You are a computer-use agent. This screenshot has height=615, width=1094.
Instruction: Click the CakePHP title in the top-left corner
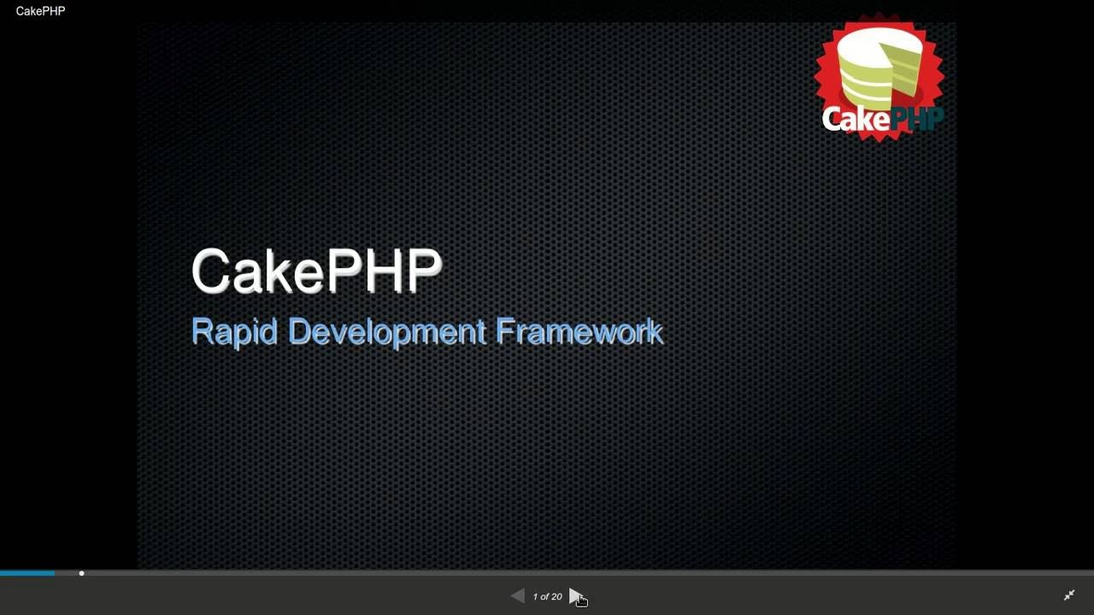pos(40,11)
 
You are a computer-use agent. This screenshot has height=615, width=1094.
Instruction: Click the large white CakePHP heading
pos(316,272)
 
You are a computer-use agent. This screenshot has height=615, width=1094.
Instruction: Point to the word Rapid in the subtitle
pos(234,331)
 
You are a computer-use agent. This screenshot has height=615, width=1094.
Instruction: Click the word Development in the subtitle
pos(387,331)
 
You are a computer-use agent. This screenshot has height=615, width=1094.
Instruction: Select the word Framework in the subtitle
pos(579,331)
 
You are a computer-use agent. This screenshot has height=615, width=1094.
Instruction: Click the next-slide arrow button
pos(575,596)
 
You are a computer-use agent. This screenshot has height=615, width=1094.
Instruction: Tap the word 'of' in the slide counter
pos(547,597)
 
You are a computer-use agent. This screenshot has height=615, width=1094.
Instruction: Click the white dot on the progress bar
pos(81,573)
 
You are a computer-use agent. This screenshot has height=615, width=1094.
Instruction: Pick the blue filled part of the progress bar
pos(27,573)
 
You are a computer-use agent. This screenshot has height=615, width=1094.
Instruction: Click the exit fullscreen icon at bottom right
pos(1069,595)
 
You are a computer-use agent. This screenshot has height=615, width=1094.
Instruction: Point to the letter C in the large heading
pos(209,272)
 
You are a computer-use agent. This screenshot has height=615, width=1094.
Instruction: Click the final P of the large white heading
pos(423,272)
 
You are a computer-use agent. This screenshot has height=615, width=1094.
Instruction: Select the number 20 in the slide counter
pos(557,597)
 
